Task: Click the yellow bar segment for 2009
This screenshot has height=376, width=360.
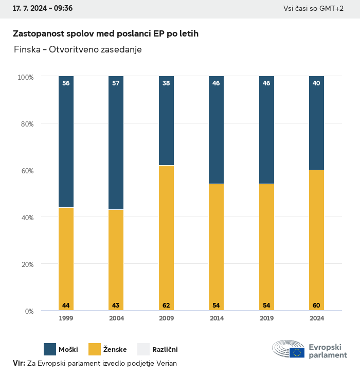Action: tap(166, 238)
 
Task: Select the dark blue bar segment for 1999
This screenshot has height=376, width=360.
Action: tap(66, 141)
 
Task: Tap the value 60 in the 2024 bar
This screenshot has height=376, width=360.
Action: tap(316, 306)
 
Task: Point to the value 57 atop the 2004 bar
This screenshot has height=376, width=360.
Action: tap(116, 83)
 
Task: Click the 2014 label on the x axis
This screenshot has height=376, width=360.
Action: tap(216, 318)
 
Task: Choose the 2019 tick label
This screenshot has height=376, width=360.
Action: tap(266, 318)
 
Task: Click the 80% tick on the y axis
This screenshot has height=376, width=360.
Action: tap(26, 123)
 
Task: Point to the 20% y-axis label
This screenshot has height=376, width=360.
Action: tap(26, 264)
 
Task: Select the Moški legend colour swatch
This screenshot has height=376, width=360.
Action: tap(50, 349)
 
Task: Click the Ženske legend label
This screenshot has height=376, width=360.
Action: tap(115, 350)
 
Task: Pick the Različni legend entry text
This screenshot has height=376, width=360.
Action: tap(165, 350)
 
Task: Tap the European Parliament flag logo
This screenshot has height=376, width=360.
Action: tap(297, 352)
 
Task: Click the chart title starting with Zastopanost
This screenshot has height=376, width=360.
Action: tap(105, 33)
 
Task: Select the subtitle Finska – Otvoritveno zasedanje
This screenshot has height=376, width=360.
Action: tap(78, 50)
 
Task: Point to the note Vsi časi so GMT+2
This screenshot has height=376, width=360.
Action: tap(313, 8)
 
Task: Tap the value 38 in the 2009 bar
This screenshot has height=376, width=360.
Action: tap(166, 83)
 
